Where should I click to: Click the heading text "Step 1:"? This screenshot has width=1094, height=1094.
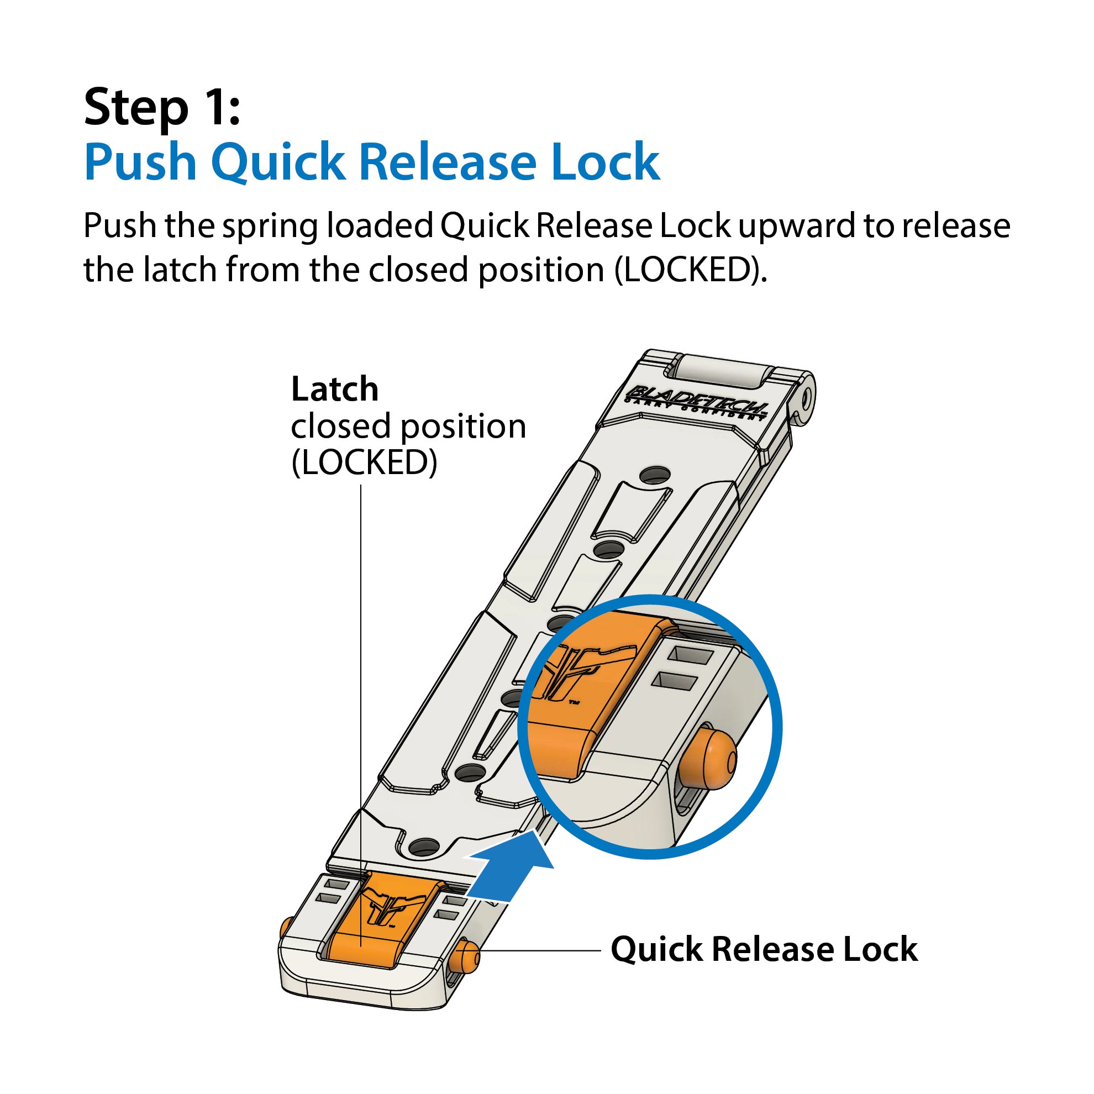[x=162, y=108]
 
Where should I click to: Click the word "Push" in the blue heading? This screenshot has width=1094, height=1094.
[x=140, y=162]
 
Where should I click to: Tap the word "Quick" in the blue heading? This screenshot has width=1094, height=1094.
[x=277, y=162]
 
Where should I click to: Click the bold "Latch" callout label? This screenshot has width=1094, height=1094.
[x=334, y=390]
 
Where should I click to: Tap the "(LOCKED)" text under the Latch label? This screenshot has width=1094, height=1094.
[x=364, y=462]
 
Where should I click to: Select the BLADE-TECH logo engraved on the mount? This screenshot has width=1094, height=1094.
[x=698, y=401]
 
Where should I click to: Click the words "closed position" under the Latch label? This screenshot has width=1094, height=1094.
[x=408, y=427]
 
